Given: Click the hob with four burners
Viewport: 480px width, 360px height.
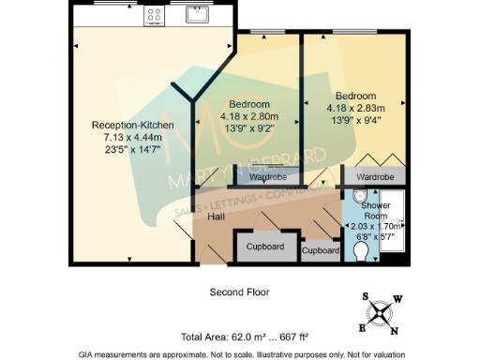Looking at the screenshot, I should (154, 14).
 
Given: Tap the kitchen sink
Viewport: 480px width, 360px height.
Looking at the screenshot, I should (198, 13).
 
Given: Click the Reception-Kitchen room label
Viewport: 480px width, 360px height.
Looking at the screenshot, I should (128, 125).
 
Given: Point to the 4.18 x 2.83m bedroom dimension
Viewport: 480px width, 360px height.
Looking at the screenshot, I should (356, 108).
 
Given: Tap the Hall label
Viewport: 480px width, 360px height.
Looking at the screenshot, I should (216, 217).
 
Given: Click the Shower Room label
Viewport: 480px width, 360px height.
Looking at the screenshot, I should (375, 210).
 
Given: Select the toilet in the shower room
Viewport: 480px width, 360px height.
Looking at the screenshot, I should (364, 251).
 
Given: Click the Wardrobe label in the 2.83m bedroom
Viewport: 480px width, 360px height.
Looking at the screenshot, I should (374, 175).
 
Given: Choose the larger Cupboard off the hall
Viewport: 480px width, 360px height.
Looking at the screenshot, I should (265, 247).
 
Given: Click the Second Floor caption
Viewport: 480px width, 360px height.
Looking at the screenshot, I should (239, 292).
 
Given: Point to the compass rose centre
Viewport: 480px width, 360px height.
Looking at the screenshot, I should (380, 312).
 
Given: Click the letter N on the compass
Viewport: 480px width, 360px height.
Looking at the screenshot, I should (394, 329).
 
